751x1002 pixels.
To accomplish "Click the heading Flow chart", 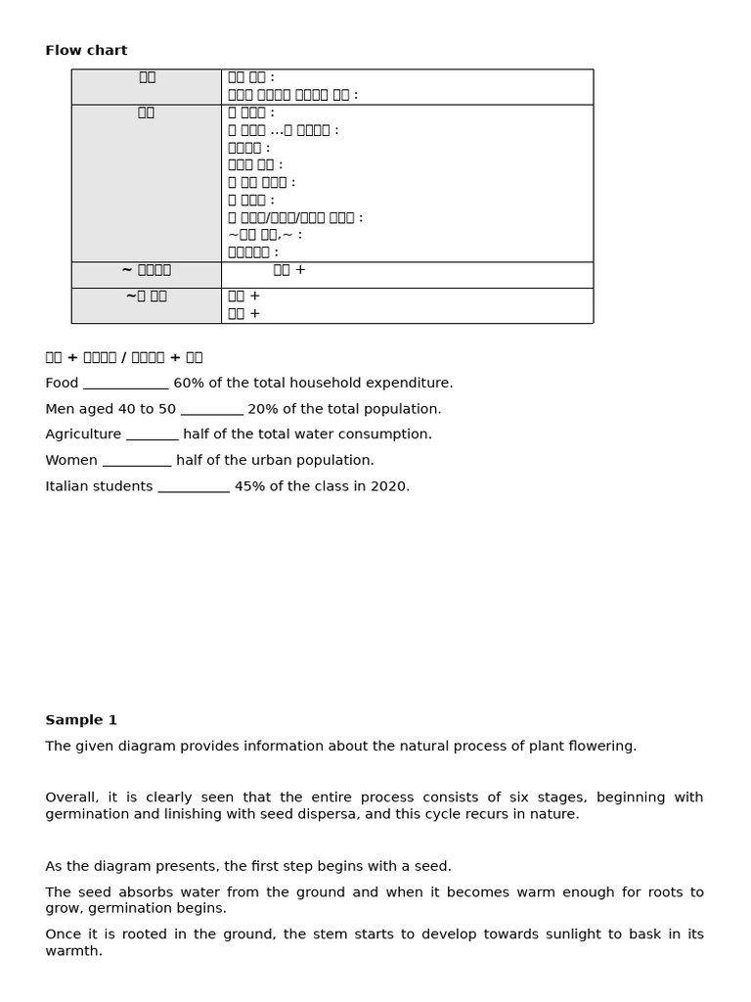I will (x=86, y=51).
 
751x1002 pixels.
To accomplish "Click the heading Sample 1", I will (x=81, y=720).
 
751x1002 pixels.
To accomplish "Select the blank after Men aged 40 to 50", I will (x=211, y=409).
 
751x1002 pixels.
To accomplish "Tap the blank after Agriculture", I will (x=152, y=434).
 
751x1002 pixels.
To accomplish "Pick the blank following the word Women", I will (x=137, y=461).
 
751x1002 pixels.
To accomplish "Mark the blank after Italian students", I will (x=193, y=486).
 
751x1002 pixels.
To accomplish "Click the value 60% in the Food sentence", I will (x=189, y=384).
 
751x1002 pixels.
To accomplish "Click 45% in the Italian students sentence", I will (x=250, y=486).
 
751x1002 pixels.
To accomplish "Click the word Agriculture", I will (x=83, y=434).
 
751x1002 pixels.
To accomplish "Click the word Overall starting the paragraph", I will (x=70, y=797).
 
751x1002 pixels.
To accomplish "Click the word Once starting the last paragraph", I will (x=63, y=934).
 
